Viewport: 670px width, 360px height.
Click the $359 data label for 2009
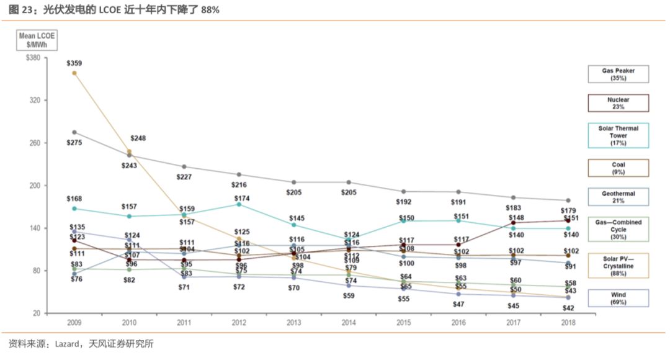(x=74, y=63)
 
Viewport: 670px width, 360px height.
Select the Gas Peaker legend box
(x=618, y=74)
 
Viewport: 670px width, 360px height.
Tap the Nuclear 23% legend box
(x=618, y=103)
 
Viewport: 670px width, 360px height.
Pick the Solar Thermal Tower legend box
(x=618, y=135)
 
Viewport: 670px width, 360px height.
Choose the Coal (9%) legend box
(x=618, y=168)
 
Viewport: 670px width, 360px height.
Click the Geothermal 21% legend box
(x=618, y=197)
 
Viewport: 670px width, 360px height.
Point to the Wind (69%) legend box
(x=618, y=299)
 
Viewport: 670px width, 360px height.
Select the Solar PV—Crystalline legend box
(x=618, y=266)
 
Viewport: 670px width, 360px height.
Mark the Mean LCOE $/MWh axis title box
(x=37, y=40)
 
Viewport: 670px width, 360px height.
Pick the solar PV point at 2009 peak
(x=74, y=73)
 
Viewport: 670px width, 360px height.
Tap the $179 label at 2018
(x=568, y=210)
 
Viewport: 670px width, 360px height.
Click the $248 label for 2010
(x=138, y=138)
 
